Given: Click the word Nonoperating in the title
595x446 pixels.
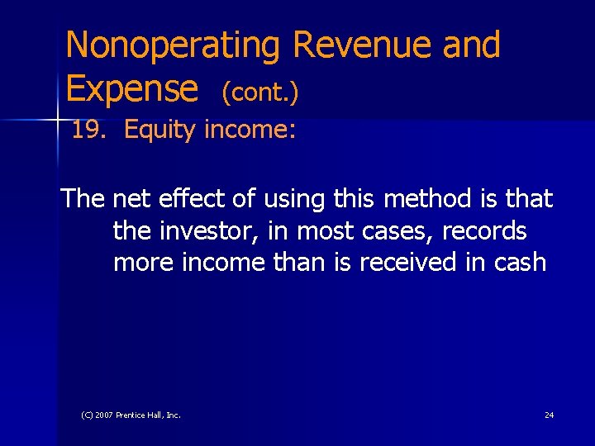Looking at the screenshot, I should [174, 46].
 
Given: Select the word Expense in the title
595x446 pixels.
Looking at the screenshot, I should [132, 89].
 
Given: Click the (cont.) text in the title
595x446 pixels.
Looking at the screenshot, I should [259, 93].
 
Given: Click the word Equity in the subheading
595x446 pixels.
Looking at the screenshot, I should [160, 130].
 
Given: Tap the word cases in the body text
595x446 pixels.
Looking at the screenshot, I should [396, 230].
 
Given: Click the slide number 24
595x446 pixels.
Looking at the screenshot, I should [550, 415].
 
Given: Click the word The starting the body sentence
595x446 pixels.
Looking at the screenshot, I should [83, 199].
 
